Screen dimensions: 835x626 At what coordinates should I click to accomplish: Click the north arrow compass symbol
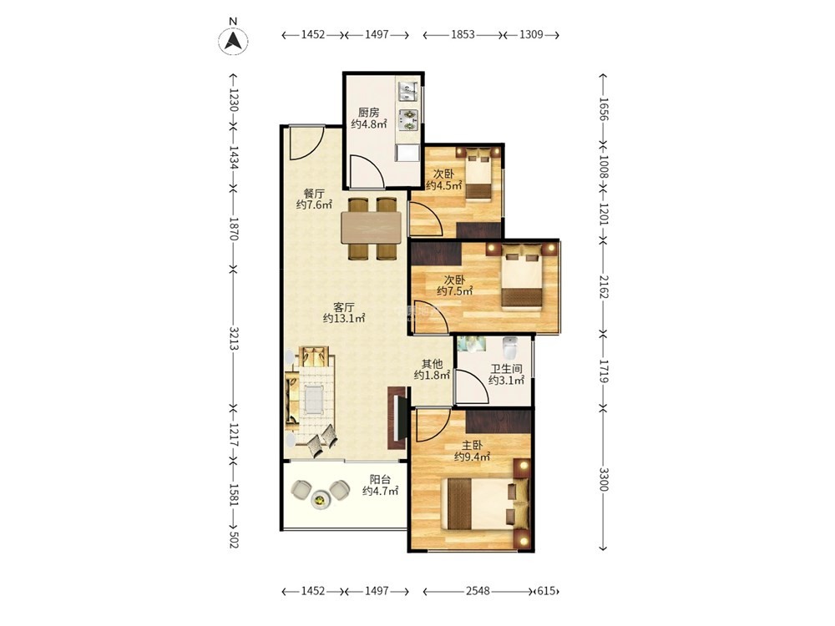coord(233,40)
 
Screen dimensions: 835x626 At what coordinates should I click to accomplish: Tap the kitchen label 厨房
coord(368,113)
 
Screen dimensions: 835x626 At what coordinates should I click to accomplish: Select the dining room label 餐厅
coord(314,194)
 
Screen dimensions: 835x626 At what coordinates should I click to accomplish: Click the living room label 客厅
coord(343,307)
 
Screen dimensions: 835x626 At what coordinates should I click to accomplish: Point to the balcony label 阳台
coord(380,479)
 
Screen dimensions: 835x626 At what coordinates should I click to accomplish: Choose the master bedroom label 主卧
coord(472,445)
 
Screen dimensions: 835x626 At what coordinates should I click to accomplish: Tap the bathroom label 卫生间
coord(506,368)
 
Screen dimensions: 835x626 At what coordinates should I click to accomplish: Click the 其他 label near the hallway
coord(432,364)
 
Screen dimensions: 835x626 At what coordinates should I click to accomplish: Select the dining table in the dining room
coord(372,227)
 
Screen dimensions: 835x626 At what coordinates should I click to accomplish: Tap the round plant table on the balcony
coord(320,499)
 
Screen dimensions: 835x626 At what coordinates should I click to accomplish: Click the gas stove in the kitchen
coord(409,119)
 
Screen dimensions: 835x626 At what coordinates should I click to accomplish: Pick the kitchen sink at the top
coord(408,90)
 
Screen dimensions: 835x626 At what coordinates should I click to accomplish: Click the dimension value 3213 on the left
coord(234,338)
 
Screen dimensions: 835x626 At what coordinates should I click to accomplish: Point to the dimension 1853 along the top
coord(463,34)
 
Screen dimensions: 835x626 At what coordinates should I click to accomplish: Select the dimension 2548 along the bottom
coord(478,590)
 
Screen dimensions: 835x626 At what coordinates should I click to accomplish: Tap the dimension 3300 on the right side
coord(604,480)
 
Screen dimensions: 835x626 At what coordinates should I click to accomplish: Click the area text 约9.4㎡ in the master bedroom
coord(472,457)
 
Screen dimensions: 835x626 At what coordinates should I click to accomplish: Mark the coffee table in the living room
coord(314,401)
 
